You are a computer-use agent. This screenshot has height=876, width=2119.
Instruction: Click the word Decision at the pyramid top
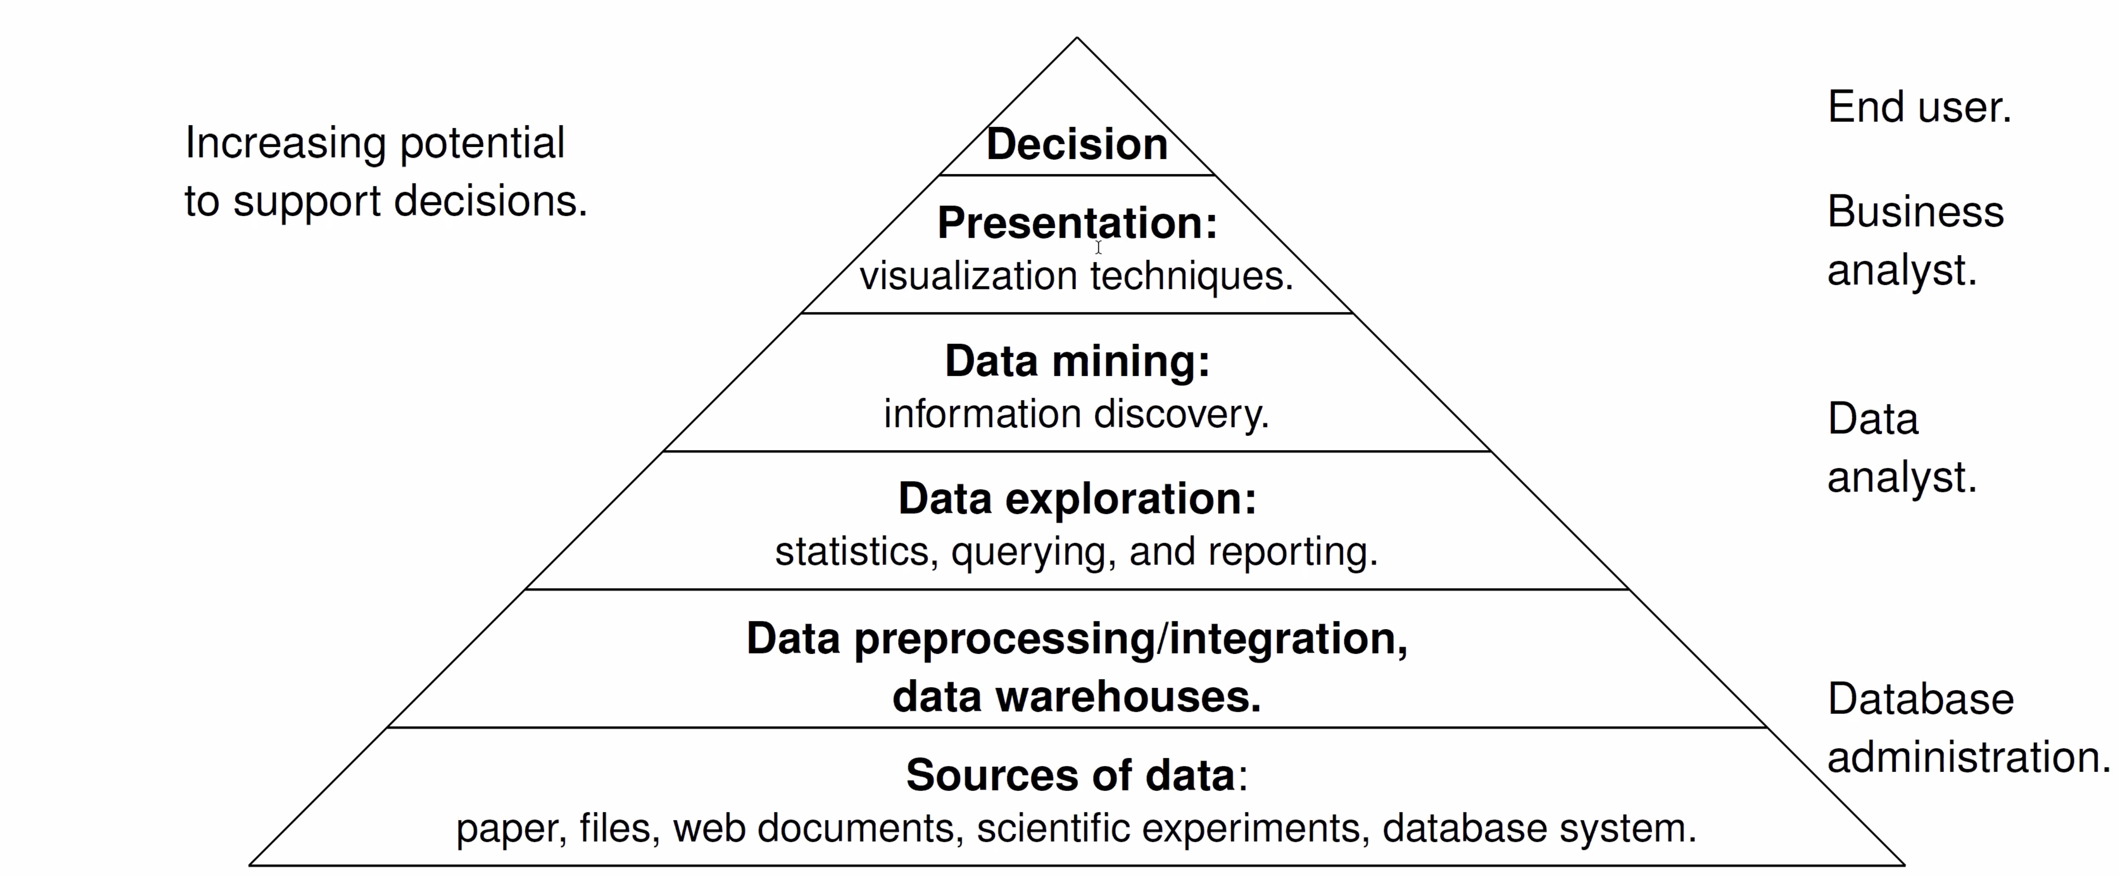(x=1077, y=144)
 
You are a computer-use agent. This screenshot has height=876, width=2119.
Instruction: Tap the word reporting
(x=1292, y=552)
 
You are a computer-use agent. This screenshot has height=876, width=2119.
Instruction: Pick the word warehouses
(x=1129, y=696)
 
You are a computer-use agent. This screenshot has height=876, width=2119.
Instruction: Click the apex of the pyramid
(x=1077, y=37)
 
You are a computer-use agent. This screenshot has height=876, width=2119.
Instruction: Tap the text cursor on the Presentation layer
(x=1098, y=247)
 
